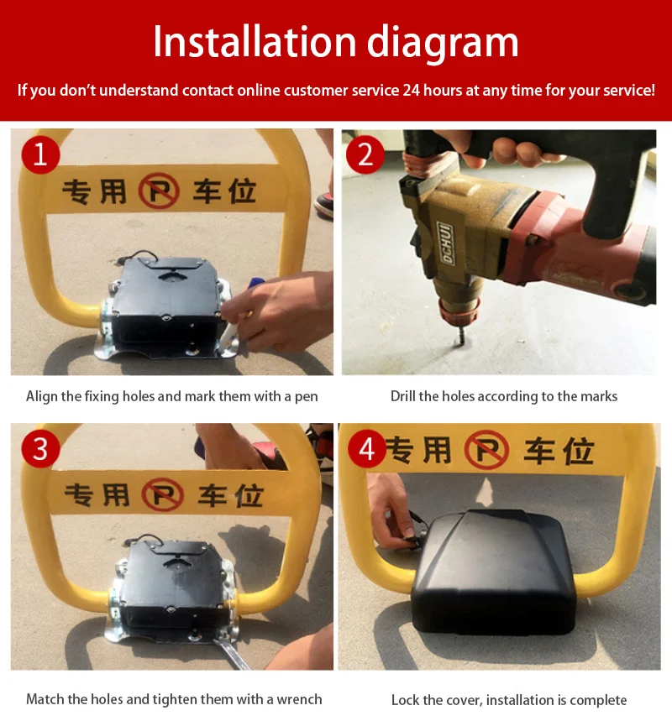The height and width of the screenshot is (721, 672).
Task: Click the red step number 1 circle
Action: click(40, 154)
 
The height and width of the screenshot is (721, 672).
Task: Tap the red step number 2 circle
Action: click(365, 154)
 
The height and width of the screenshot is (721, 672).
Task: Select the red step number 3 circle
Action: click(40, 448)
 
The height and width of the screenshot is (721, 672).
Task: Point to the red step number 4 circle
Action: click(367, 448)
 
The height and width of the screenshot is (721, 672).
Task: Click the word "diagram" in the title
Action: click(443, 43)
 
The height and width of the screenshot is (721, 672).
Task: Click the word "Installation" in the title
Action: click(255, 42)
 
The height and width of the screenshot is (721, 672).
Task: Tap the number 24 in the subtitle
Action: click(412, 90)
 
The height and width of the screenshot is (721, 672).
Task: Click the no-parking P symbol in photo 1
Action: click(159, 191)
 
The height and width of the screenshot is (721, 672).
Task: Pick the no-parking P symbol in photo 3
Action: click(162, 494)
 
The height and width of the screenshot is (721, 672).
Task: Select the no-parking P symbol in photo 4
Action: click(486, 449)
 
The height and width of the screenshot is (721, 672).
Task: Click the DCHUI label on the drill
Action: click(445, 243)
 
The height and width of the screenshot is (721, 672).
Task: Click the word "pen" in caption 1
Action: click(307, 397)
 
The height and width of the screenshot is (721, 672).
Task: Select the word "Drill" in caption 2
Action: click(402, 396)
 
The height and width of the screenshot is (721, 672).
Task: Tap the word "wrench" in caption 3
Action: click(299, 699)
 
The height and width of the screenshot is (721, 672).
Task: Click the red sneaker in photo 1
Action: click(324, 206)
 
